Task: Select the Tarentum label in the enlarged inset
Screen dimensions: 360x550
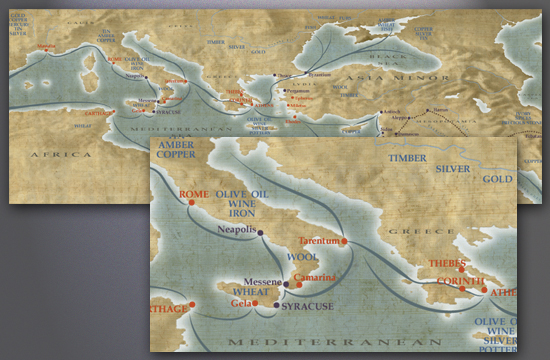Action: click(319, 241)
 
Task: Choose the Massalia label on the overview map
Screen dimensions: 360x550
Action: click(45, 48)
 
